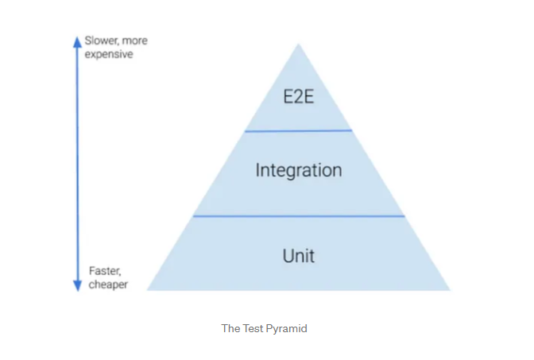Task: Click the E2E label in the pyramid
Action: click(x=299, y=99)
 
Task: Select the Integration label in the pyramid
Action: click(x=299, y=170)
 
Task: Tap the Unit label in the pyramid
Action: click(x=299, y=255)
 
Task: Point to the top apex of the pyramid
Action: click(x=299, y=44)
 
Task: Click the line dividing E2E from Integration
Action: click(x=299, y=130)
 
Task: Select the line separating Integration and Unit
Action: click(x=299, y=215)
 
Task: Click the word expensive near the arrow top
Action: click(x=109, y=54)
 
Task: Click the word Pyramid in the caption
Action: click(x=288, y=328)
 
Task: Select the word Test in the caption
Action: click(x=253, y=328)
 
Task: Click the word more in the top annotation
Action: click(x=133, y=41)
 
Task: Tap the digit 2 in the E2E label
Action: click(x=299, y=99)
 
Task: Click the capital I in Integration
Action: click(x=258, y=170)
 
